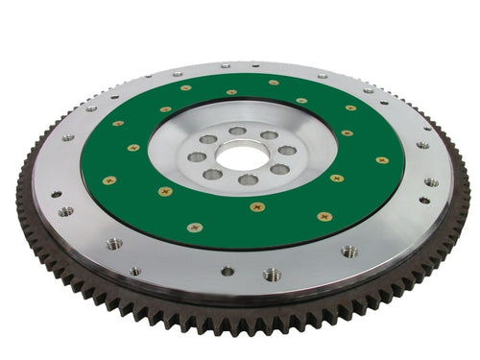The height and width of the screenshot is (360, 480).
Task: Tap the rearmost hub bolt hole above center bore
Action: pos(237,131)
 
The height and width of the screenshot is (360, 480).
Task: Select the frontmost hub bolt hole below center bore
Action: pos(249,180)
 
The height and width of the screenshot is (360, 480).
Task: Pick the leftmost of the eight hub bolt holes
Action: pos(198,156)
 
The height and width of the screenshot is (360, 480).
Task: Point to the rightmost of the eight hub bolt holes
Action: pos(287,151)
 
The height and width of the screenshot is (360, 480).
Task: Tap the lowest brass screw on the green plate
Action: pos(195,228)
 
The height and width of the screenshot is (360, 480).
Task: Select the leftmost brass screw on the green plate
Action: pos(108,180)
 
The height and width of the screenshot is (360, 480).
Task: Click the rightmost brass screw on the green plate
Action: pos(382,160)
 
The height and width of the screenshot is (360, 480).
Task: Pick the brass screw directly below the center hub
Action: pos(256,206)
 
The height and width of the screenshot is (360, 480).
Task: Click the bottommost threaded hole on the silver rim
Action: pos(273,275)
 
